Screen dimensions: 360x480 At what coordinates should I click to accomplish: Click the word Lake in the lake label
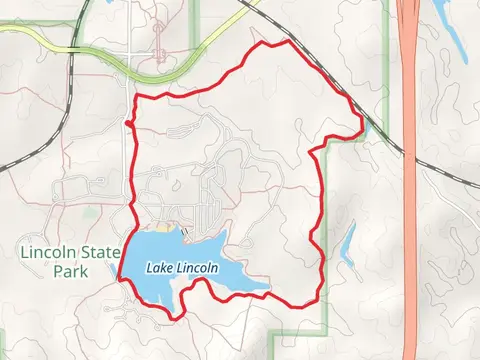(x=160, y=268)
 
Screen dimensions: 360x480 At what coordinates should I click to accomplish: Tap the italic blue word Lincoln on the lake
(x=198, y=268)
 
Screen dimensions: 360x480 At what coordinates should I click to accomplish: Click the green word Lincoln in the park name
(x=46, y=253)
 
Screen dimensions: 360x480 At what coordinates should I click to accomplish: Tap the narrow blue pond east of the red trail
(x=348, y=245)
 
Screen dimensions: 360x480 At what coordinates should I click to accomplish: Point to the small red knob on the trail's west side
(x=129, y=123)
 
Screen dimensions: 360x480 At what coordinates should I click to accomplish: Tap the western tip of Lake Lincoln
(x=122, y=277)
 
